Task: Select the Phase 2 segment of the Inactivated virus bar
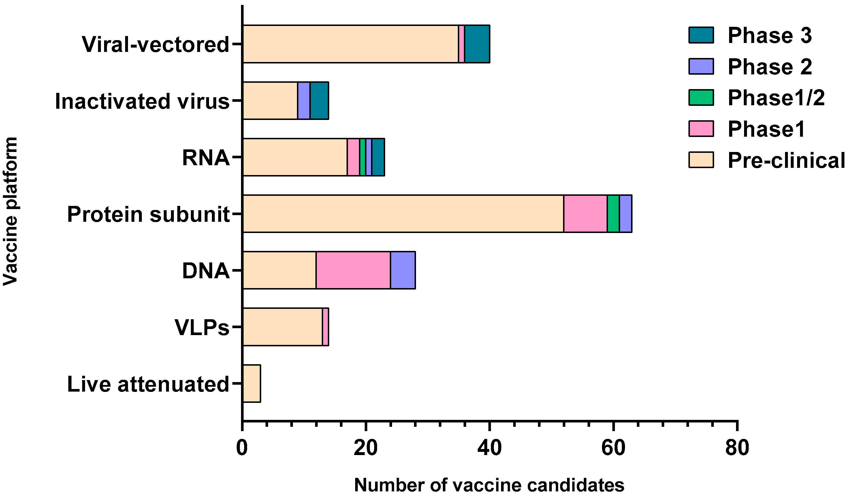point(304,101)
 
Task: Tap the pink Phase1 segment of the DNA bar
point(353,270)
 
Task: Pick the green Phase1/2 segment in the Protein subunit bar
point(613,213)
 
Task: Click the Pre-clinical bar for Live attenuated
point(251,383)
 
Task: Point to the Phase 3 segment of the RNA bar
point(378,157)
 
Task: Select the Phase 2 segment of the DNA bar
point(403,270)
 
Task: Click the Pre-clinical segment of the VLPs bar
point(282,327)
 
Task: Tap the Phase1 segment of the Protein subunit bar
point(585,213)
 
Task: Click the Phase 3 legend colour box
point(701,35)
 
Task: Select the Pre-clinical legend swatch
point(701,160)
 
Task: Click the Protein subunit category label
point(148,214)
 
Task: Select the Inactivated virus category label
point(142,101)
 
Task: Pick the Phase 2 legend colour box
point(701,66)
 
